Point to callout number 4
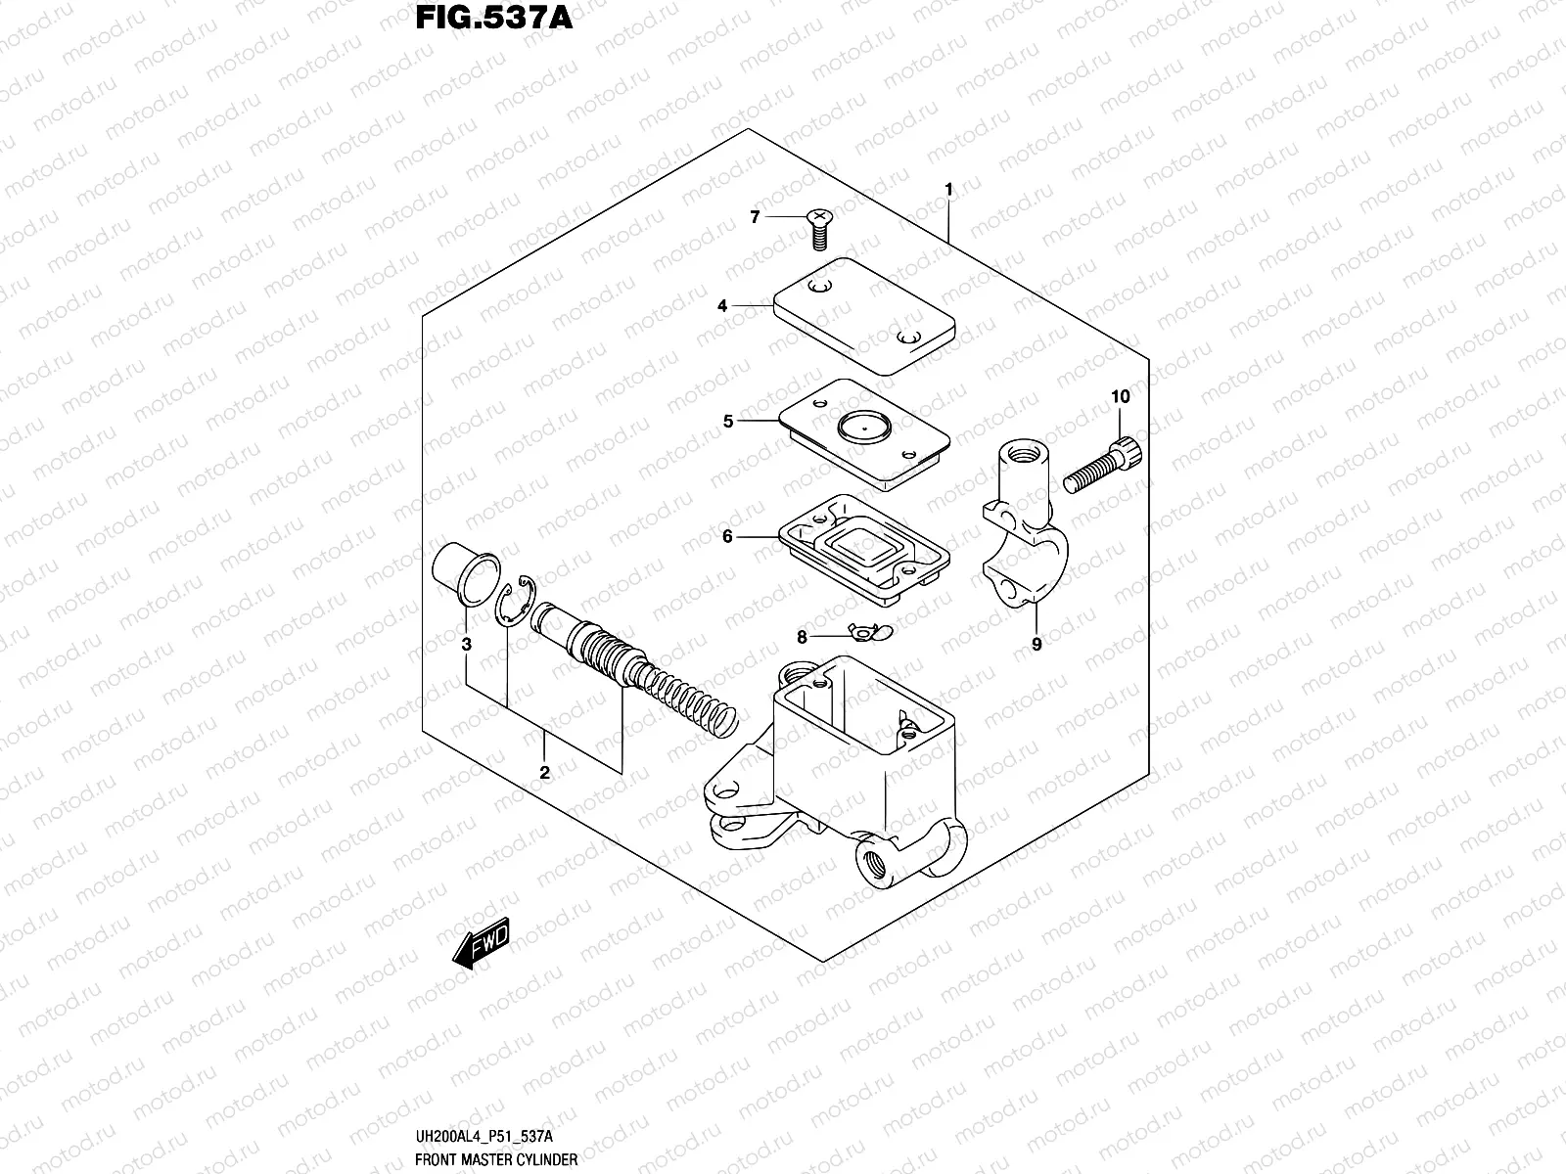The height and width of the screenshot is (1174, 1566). click(722, 306)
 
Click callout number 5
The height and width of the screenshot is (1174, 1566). click(728, 422)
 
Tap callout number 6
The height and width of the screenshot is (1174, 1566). click(728, 536)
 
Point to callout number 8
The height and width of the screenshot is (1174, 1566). click(802, 637)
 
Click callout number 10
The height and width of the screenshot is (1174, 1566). click(1120, 396)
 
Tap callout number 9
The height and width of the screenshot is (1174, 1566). click(1036, 644)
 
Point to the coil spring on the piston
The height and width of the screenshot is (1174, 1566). click(685, 697)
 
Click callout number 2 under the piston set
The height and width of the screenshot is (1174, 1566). click(544, 773)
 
